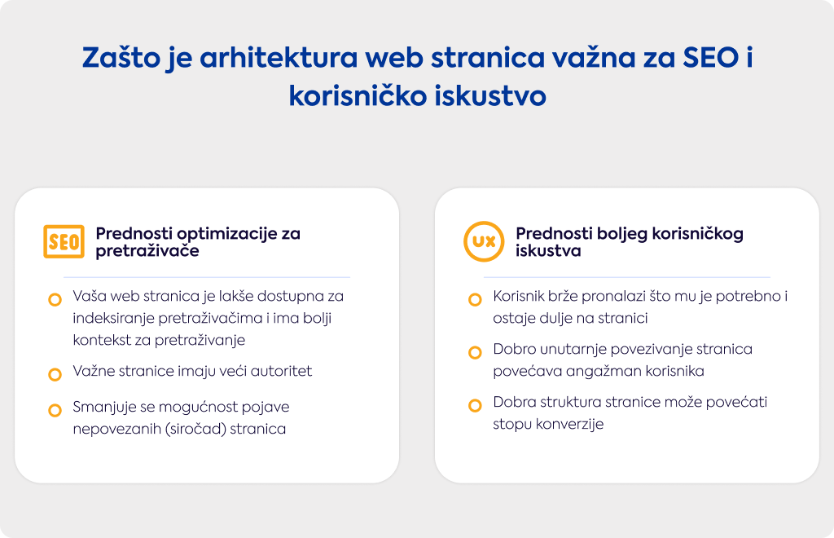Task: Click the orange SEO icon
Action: coord(64,241)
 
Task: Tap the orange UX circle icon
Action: coord(484,241)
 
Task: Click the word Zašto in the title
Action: coord(121,58)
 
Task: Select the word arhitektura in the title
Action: coord(279,58)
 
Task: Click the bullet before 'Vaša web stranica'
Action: coord(55,300)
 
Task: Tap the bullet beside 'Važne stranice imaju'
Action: coord(55,375)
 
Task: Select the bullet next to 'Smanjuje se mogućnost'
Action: coord(55,410)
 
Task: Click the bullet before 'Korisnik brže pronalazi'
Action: coord(475,300)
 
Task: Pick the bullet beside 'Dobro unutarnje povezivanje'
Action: coord(475,352)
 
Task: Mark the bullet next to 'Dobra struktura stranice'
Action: coord(475,405)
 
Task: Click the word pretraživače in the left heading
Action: coord(147,250)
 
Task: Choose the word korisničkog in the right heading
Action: coord(698,234)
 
